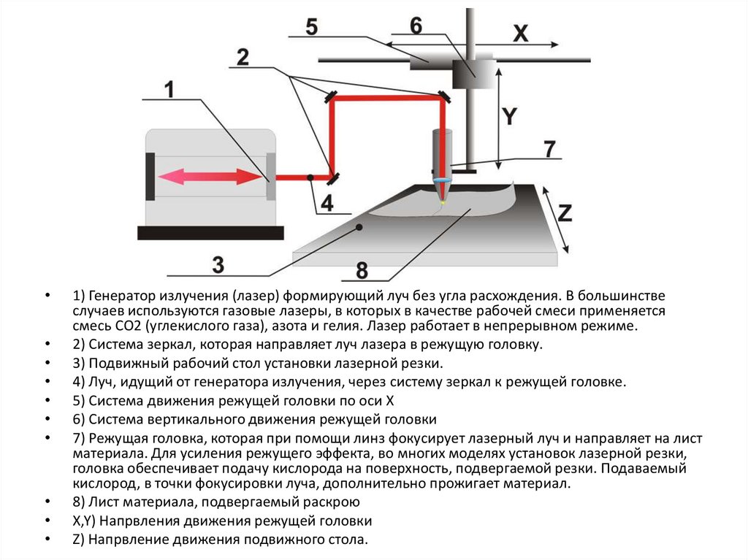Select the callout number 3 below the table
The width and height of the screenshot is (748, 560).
pyautogui.click(x=217, y=264)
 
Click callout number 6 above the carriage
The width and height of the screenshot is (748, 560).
pyautogui.click(x=415, y=25)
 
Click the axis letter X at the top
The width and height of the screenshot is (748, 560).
pyautogui.click(x=520, y=33)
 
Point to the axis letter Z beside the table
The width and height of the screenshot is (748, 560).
pyautogui.click(x=564, y=212)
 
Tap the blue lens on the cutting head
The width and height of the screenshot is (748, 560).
pyautogui.click(x=442, y=180)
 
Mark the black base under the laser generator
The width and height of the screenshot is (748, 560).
pyautogui.click(x=210, y=233)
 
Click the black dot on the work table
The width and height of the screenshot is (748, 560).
pyautogui.click(x=359, y=228)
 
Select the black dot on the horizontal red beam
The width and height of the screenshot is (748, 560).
pyautogui.click(x=310, y=177)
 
